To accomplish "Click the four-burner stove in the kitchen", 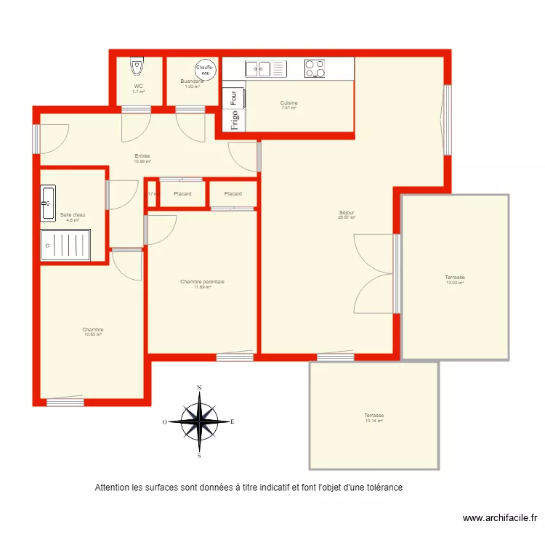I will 315,69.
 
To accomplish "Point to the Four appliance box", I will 234,97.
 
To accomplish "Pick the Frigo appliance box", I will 234,120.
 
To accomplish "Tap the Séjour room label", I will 346,214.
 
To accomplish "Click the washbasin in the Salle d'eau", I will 48,203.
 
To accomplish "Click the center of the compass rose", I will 198,421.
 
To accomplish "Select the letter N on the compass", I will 198,388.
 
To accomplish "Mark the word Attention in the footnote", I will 112,488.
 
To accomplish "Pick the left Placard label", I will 182,194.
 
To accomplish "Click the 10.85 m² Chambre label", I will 93,332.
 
